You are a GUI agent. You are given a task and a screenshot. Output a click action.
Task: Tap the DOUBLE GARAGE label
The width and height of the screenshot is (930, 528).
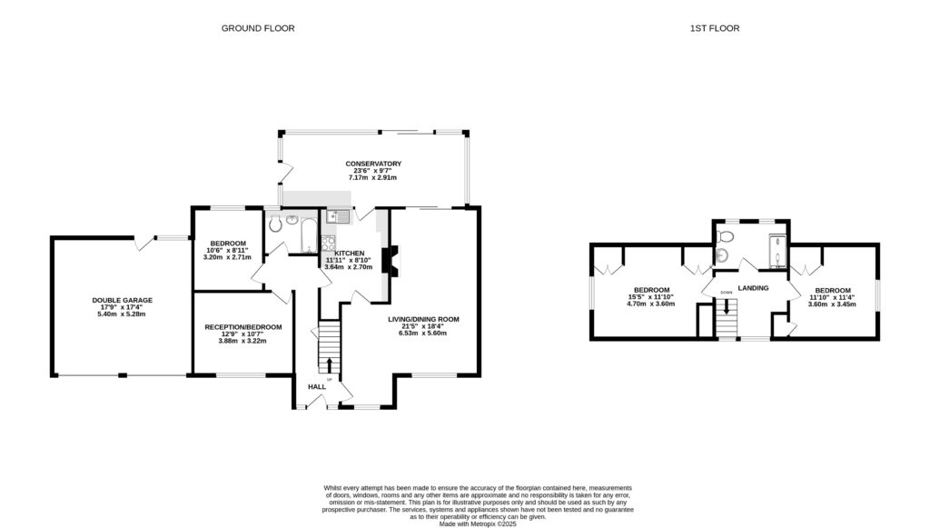coord(122,300)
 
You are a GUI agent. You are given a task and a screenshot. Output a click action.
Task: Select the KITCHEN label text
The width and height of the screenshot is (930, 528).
coord(349,253)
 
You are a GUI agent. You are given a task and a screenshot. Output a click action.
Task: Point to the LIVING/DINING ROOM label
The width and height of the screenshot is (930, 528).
coord(424,319)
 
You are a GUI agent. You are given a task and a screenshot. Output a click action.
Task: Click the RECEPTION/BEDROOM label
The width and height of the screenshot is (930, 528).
coord(242,327)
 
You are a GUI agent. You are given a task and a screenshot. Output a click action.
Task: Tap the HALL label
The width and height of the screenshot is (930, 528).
coord(316,386)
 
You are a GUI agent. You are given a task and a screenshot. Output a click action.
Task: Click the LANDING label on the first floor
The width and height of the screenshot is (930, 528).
coord(754,288)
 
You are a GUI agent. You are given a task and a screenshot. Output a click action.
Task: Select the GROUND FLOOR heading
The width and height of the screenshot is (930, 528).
coord(258,28)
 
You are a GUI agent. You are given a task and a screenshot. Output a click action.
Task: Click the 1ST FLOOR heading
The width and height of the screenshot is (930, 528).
coord(714,28)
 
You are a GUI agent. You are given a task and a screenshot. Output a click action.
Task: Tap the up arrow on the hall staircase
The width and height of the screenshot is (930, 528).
coord(329,366)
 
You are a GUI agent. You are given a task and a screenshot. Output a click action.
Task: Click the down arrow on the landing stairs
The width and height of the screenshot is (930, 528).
coord(727,306)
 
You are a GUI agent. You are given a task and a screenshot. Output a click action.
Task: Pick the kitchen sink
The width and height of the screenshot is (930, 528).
coord(339,216)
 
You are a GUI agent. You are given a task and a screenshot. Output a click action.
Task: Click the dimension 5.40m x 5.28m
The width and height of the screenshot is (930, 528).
coord(122,314)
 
